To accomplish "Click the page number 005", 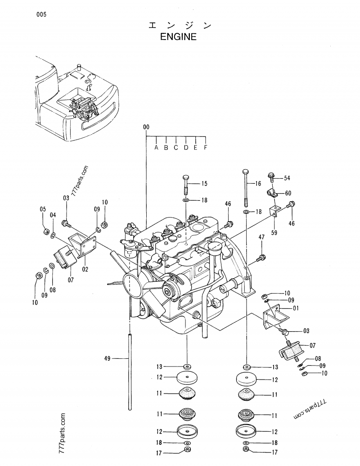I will pyautogui.click(x=41, y=14).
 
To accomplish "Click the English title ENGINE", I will pyautogui.click(x=179, y=37).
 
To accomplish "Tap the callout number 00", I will pyautogui.click(x=146, y=127).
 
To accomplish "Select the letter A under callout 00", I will pyautogui.click(x=156, y=147).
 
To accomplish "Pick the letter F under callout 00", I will pyautogui.click(x=206, y=147).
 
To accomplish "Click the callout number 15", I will pyautogui.click(x=204, y=183).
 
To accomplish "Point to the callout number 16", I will pyautogui.click(x=258, y=183).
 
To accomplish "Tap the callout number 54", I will pyautogui.click(x=287, y=178).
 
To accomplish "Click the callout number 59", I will pyautogui.click(x=274, y=233).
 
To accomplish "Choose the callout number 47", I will pyautogui.click(x=261, y=237).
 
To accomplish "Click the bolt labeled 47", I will pyautogui.click(x=260, y=258).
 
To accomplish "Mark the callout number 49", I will pyautogui.click(x=107, y=358).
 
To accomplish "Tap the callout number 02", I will pyautogui.click(x=85, y=269).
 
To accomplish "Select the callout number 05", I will pyautogui.click(x=43, y=209).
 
